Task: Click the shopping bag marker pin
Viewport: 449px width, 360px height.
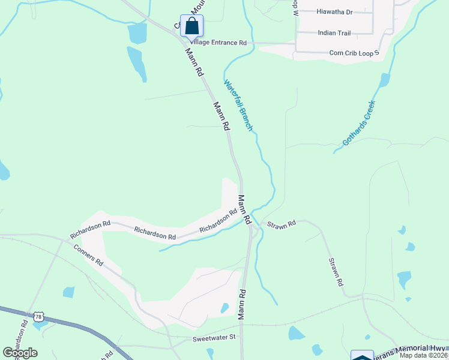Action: coord(191,26)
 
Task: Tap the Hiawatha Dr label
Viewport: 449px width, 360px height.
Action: coord(334,11)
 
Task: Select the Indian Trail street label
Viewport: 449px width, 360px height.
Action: coord(334,33)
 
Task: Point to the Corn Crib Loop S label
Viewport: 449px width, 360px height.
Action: coord(355,53)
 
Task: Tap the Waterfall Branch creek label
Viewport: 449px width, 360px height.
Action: coord(238,106)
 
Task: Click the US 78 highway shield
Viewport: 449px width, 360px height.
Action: coord(39,316)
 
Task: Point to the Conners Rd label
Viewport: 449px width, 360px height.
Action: coord(88,255)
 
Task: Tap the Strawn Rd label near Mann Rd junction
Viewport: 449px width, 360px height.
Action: coord(282,224)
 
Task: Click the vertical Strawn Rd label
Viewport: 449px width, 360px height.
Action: coord(336,272)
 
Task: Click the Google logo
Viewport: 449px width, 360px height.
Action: coord(20,353)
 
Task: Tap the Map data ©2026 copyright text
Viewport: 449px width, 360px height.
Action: coord(424,355)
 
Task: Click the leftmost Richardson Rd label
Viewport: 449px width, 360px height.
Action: coord(90,223)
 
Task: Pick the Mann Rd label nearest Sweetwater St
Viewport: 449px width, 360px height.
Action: coord(242,305)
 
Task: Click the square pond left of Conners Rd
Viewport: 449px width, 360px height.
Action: coord(69,292)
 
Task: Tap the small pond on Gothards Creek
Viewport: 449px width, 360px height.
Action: coord(384,79)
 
